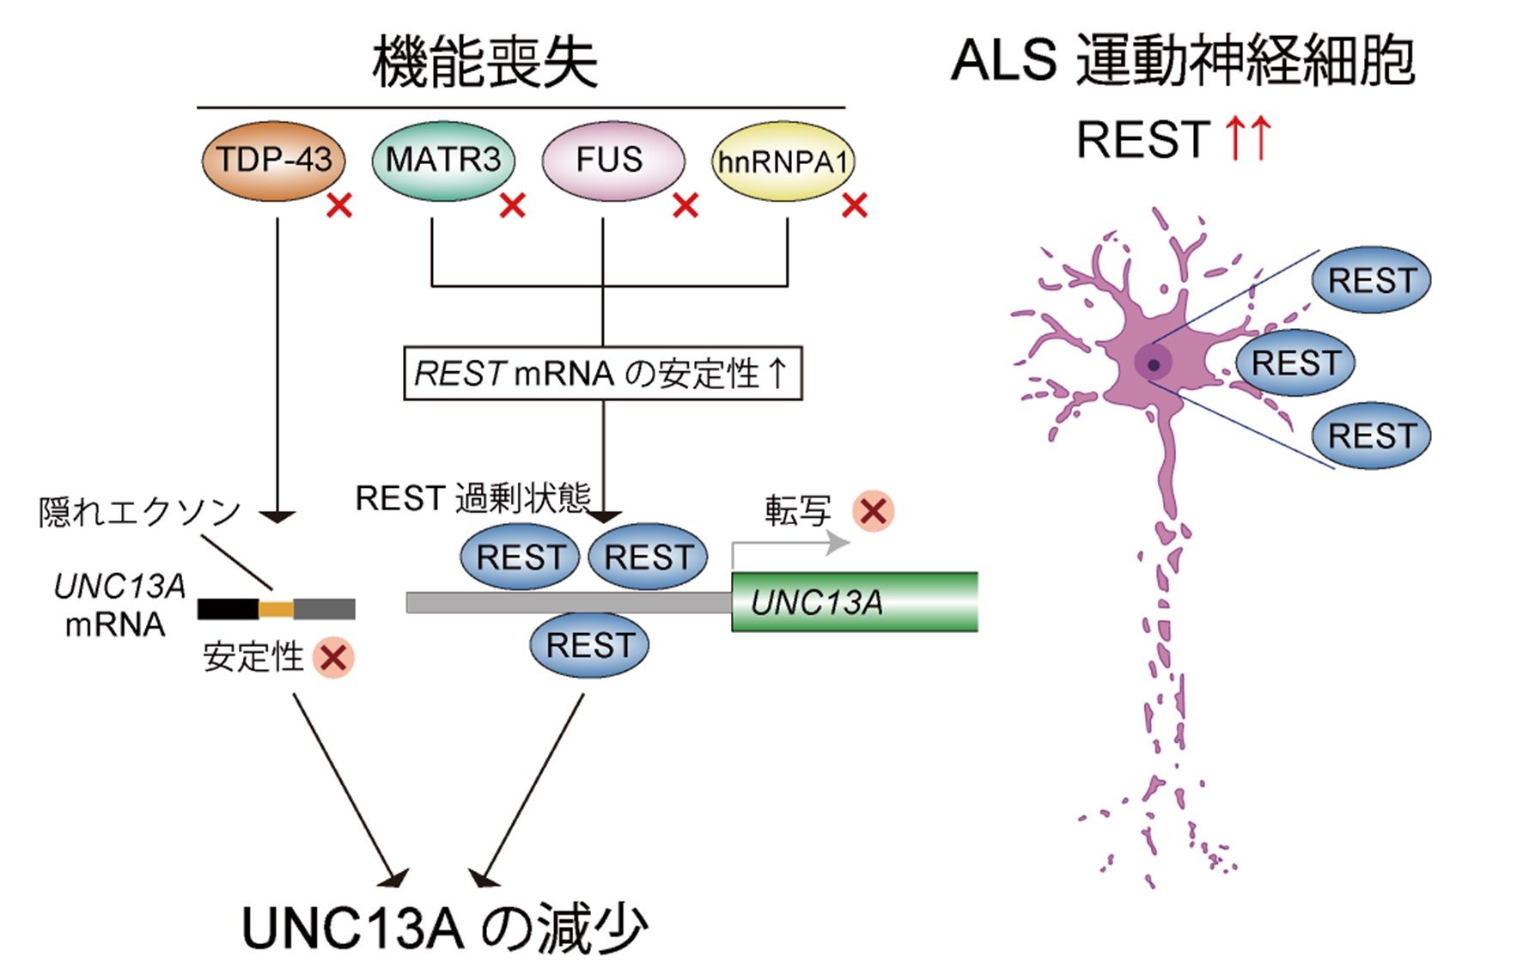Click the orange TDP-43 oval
pos(273,161)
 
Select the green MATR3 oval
pos(443,161)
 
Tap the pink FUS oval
pos(612,161)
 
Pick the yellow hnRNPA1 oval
pos(783,161)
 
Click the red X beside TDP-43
pos(339,205)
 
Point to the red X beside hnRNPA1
pos(855,205)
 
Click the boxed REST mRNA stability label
pos(603,373)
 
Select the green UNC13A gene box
pos(855,601)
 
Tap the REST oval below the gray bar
pos(589,644)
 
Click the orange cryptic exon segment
pos(276,610)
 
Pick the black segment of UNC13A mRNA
pos(228,610)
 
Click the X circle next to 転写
pos(874,511)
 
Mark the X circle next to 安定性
pos(333,658)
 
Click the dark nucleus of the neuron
pos(1154,364)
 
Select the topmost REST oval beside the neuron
pos(1371,280)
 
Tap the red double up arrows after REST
pos(1248,138)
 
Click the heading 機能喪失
pos(484,62)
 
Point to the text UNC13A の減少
pos(444,928)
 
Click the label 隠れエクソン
pos(139,512)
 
